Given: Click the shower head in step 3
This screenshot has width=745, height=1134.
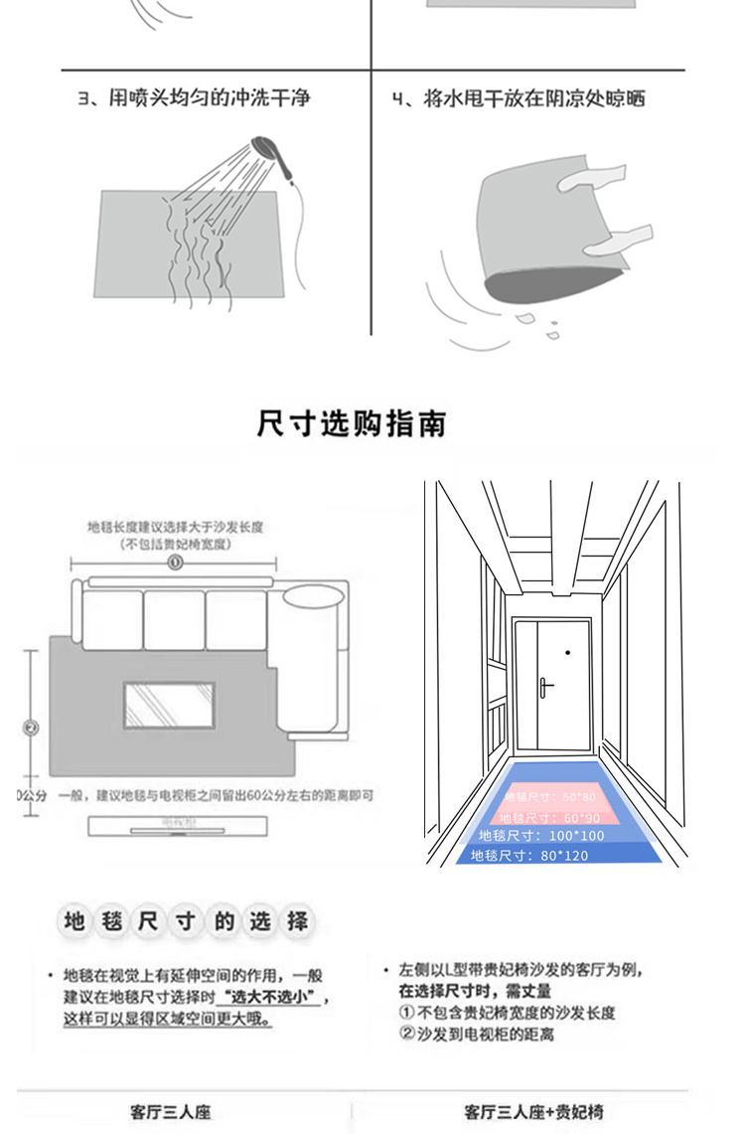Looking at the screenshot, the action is click(x=266, y=148).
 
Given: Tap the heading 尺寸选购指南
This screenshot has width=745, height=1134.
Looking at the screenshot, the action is click(x=352, y=422).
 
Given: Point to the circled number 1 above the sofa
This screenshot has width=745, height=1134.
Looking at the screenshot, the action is click(x=175, y=563).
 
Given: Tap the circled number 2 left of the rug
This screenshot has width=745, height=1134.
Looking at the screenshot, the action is click(x=30, y=728).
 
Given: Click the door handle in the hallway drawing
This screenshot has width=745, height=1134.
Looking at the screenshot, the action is click(x=544, y=686).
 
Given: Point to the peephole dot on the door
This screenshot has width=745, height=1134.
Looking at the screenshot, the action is click(x=567, y=653).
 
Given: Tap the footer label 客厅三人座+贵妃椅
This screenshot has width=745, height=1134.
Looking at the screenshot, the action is click(x=533, y=1111).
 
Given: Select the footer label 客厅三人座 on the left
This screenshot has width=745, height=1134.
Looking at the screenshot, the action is click(x=171, y=1111).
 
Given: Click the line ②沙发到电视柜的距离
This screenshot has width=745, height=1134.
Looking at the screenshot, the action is click(x=477, y=1035).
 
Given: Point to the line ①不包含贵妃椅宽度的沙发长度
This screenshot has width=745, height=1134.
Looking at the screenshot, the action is click(x=507, y=1013).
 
